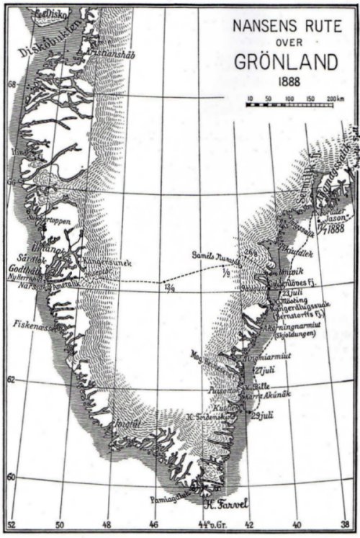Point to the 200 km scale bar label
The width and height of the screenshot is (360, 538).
tap(332, 97)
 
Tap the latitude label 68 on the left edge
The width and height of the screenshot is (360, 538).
tap(10, 83)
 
